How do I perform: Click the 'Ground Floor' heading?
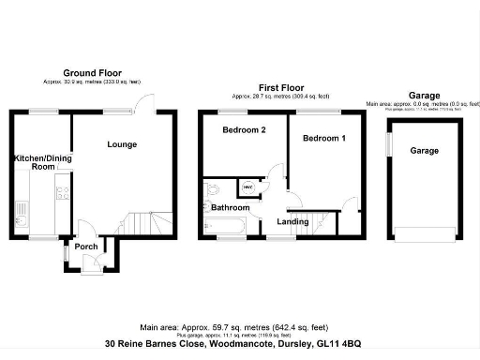pos(92,72)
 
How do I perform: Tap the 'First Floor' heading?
pos(280,87)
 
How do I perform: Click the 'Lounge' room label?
pos(122,144)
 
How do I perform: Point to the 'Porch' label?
pos(86,247)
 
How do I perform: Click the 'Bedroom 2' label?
pos(241,131)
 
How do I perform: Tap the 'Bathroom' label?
pos(229,207)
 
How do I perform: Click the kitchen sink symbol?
pos(19,223)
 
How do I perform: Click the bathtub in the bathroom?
pos(223,225)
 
